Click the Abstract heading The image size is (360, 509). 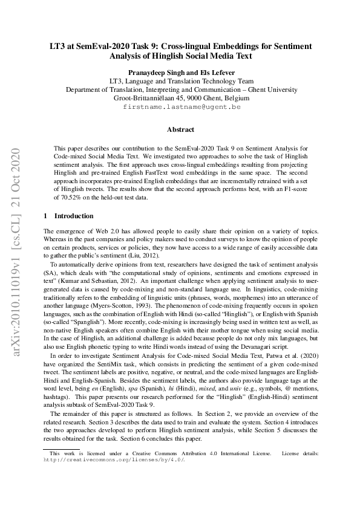coord(180,129)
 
